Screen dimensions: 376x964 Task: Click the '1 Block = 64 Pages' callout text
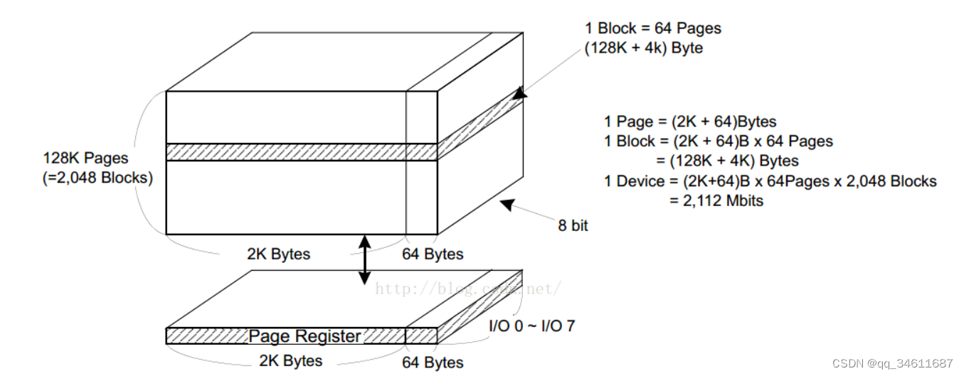tap(652, 29)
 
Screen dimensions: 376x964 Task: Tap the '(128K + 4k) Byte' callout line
tap(645, 48)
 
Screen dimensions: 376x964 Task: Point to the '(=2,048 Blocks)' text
tap(98, 178)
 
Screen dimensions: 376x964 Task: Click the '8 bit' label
tap(573, 226)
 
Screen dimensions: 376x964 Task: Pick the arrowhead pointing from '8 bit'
tap(507, 204)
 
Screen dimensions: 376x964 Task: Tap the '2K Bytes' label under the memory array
tap(278, 254)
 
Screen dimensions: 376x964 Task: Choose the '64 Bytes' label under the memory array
tap(433, 254)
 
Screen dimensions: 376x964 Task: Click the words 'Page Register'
tap(304, 336)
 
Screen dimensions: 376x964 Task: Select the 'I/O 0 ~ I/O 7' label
tap(531, 327)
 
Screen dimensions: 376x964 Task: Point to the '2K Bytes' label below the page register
tap(290, 360)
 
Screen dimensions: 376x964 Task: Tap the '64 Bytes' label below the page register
tap(433, 362)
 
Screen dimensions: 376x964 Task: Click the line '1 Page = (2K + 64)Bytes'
tap(690, 122)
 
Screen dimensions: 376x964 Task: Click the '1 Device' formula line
tap(770, 181)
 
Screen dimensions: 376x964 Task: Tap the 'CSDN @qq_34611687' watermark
tap(893, 363)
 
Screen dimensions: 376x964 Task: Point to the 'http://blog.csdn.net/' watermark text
tap(468, 288)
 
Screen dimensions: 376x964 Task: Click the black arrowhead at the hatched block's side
tap(520, 92)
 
